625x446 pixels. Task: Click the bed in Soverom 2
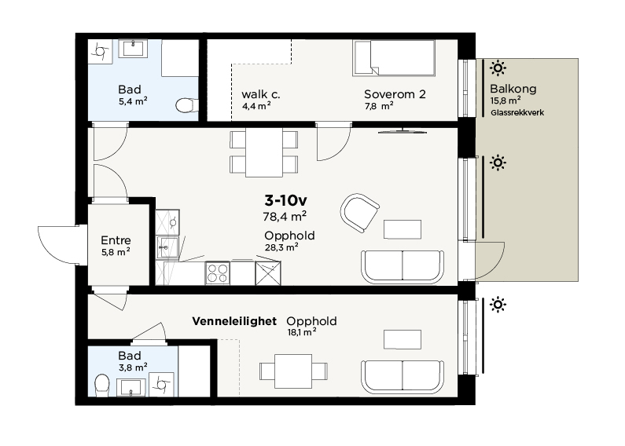[x=394, y=58]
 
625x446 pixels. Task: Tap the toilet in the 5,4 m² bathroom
[x=186, y=105]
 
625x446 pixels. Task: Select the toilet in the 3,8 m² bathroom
[x=102, y=385]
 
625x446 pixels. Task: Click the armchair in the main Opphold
[x=359, y=213]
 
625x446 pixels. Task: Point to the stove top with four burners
[x=218, y=273]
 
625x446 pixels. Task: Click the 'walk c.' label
[x=261, y=94]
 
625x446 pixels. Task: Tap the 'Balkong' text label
[x=513, y=89]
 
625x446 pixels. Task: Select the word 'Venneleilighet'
[x=234, y=321]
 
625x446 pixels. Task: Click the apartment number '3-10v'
[x=286, y=201]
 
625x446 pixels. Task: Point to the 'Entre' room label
[x=116, y=240]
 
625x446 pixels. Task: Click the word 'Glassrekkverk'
[x=517, y=113]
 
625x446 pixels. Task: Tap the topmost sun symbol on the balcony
[x=498, y=68]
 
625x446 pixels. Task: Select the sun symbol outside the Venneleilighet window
[x=498, y=305]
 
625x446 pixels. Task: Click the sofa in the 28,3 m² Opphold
[x=403, y=267]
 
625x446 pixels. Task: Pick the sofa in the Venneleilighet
[x=403, y=377]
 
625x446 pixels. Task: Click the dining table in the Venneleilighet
[x=293, y=371]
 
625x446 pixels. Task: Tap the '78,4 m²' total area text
[x=285, y=216]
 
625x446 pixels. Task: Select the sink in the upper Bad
[x=134, y=49]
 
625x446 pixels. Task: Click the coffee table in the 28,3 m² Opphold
[x=403, y=229]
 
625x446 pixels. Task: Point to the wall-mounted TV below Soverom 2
[x=403, y=131]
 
